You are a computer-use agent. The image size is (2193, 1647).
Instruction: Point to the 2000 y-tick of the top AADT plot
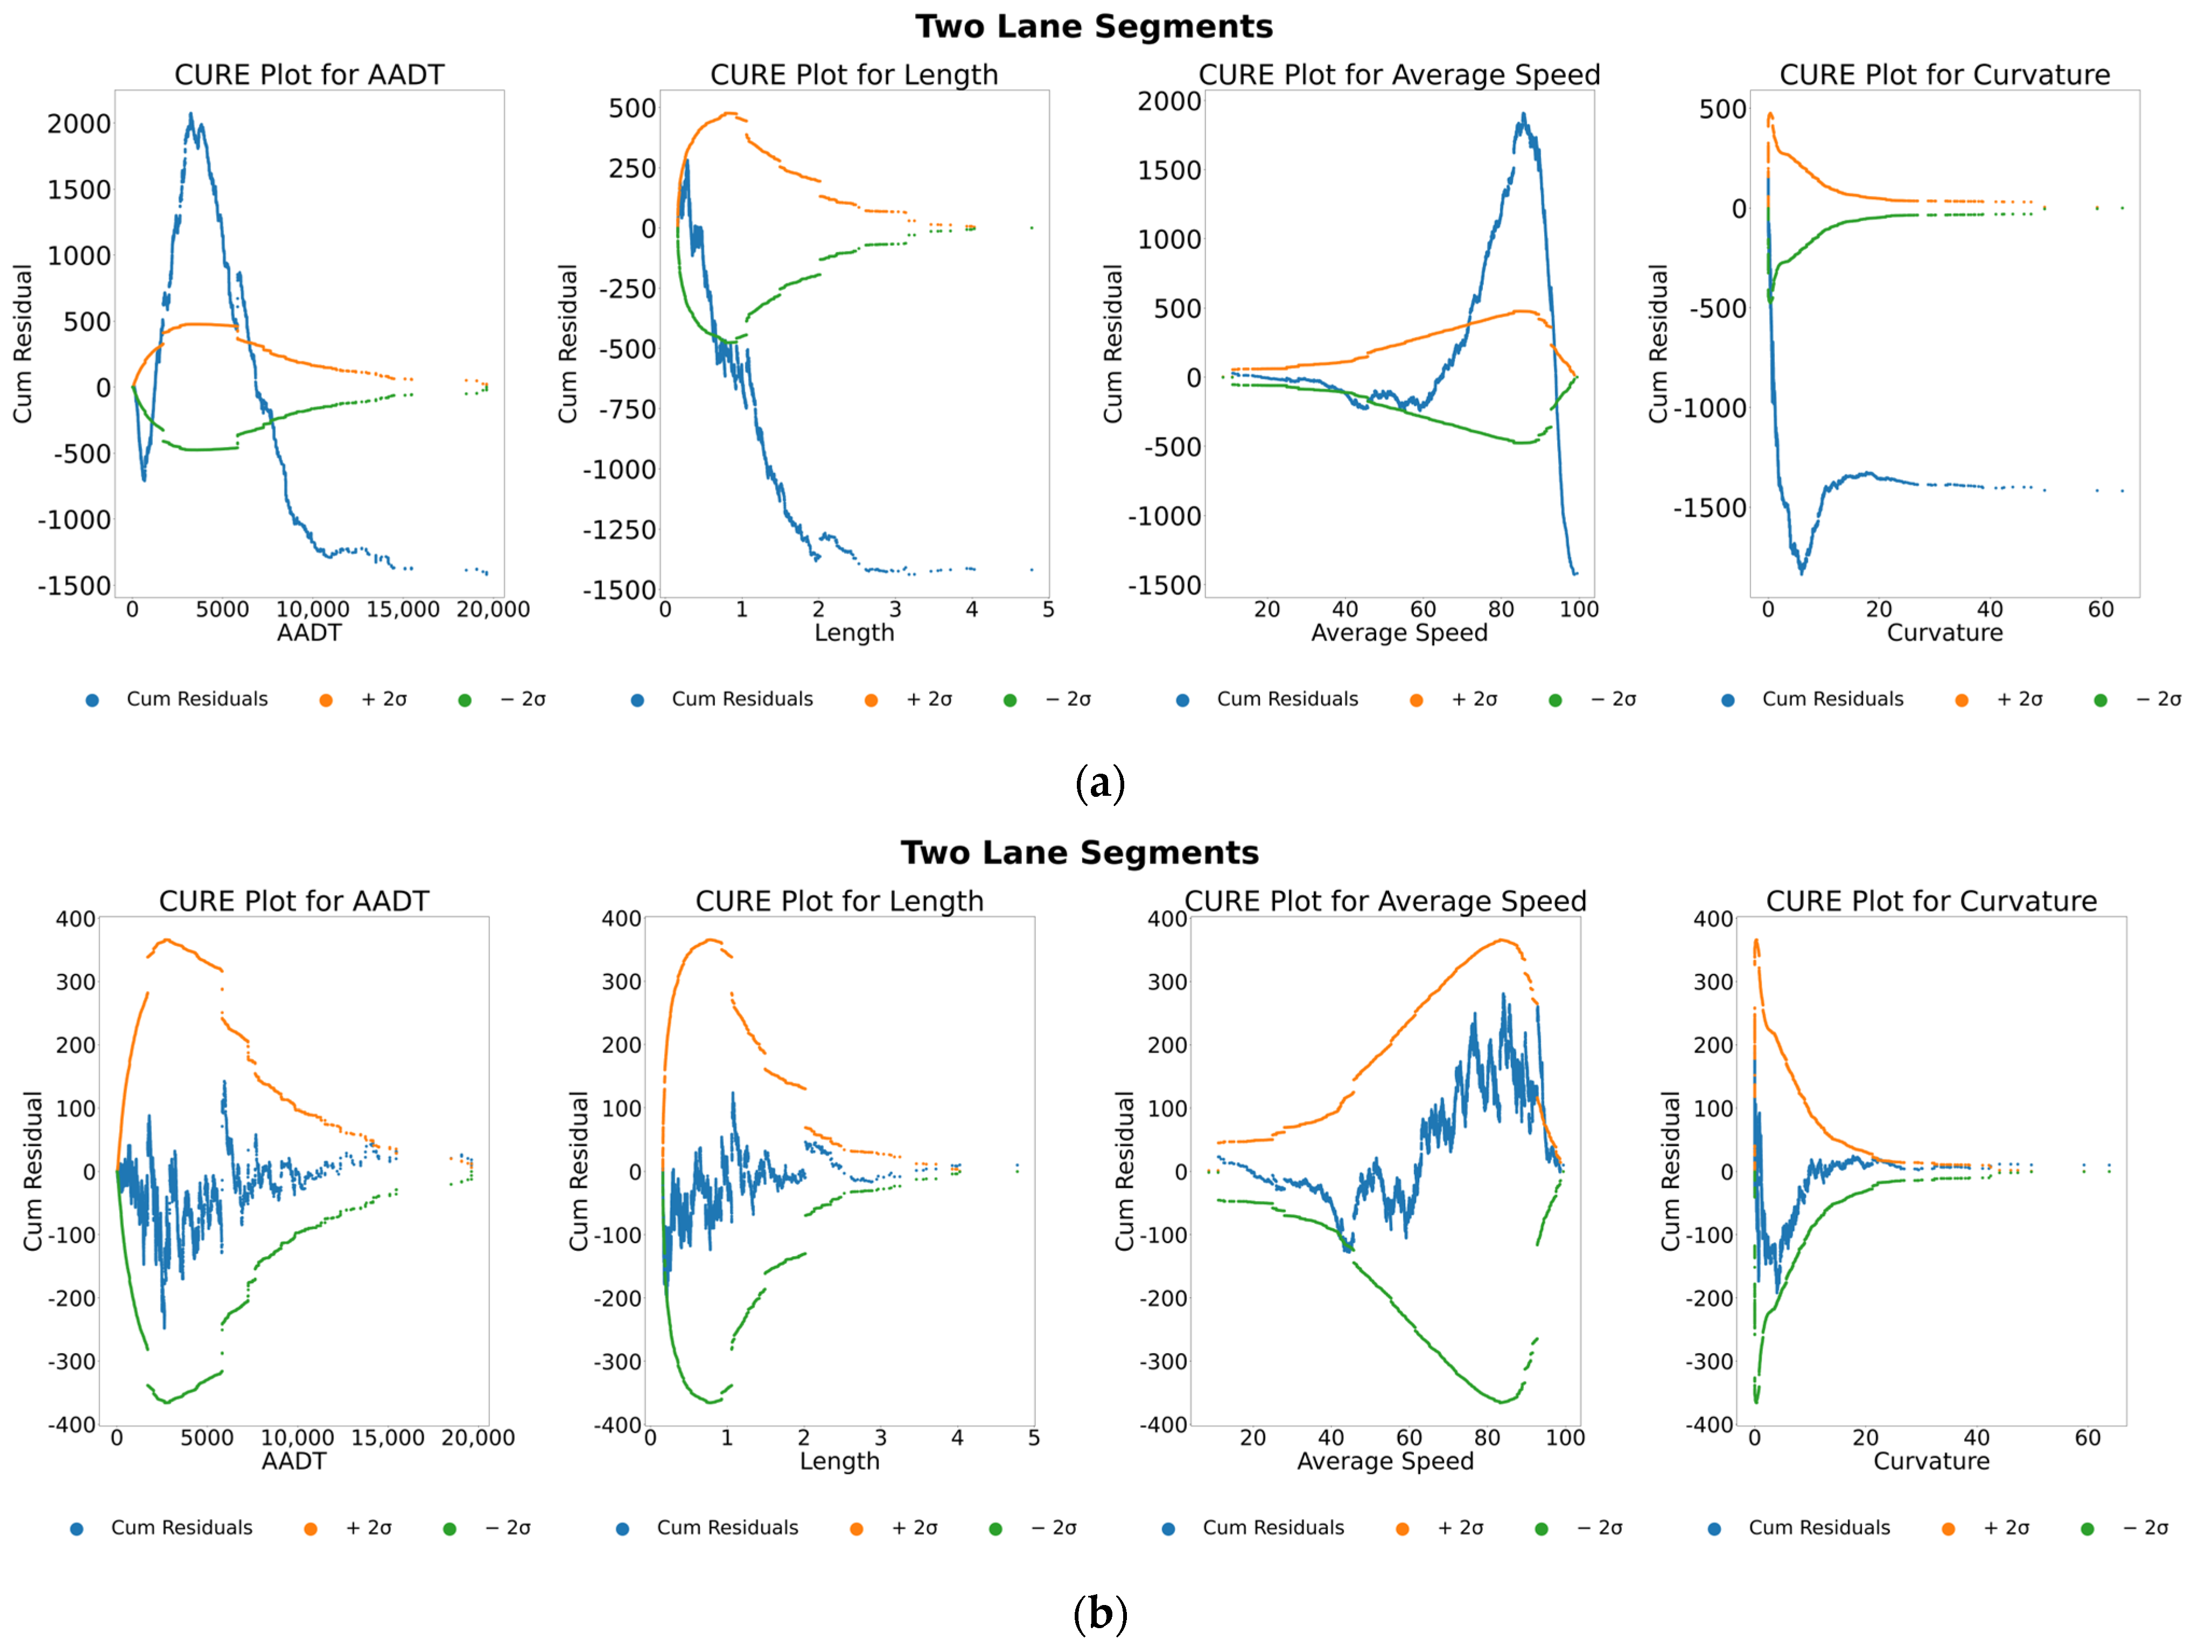pyautogui.click(x=79, y=124)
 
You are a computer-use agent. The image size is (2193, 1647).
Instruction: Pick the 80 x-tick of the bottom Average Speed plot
pyautogui.click(x=1487, y=1437)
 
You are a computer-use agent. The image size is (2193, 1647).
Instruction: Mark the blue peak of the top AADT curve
pyautogui.click(x=191, y=114)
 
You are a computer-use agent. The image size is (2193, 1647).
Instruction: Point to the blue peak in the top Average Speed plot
pyautogui.click(x=1523, y=115)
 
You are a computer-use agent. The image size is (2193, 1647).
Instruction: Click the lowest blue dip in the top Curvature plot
pyautogui.click(x=1802, y=572)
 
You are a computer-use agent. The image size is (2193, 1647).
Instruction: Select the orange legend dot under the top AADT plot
pyautogui.click(x=325, y=700)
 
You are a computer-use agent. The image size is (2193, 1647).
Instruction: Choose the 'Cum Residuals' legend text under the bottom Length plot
pyautogui.click(x=728, y=1528)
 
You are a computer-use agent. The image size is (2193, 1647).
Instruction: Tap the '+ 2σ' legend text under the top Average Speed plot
pyautogui.click(x=1474, y=699)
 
